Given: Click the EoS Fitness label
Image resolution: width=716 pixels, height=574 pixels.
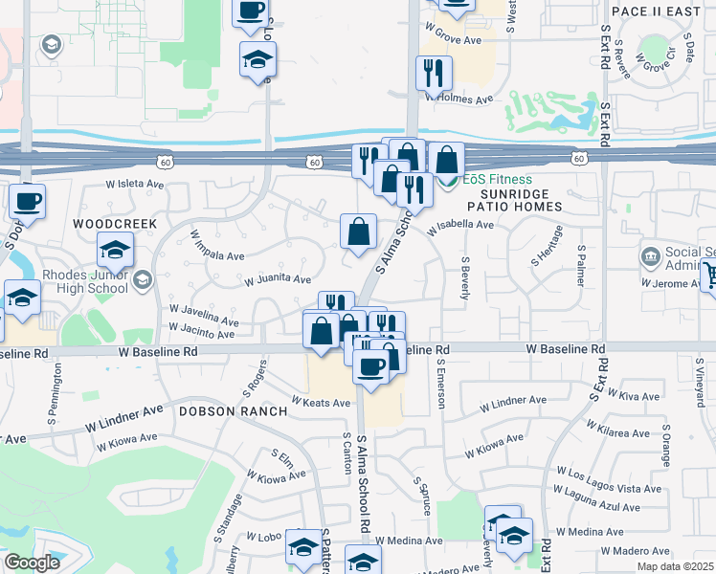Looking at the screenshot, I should pyautogui.click(x=498, y=179).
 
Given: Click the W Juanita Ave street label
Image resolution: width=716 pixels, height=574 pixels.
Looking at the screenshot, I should pyautogui.click(x=278, y=280).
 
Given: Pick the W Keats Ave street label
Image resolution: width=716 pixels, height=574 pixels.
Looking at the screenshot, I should pyautogui.click(x=321, y=403).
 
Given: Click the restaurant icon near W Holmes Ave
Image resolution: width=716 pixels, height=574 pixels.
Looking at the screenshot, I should pyautogui.click(x=434, y=73).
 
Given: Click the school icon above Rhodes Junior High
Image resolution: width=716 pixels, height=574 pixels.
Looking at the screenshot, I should pyautogui.click(x=115, y=251).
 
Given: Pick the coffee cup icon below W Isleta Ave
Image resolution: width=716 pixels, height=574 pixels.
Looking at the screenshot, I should pyautogui.click(x=27, y=201).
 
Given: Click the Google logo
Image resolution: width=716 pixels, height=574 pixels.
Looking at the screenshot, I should pyautogui.click(x=33, y=563).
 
